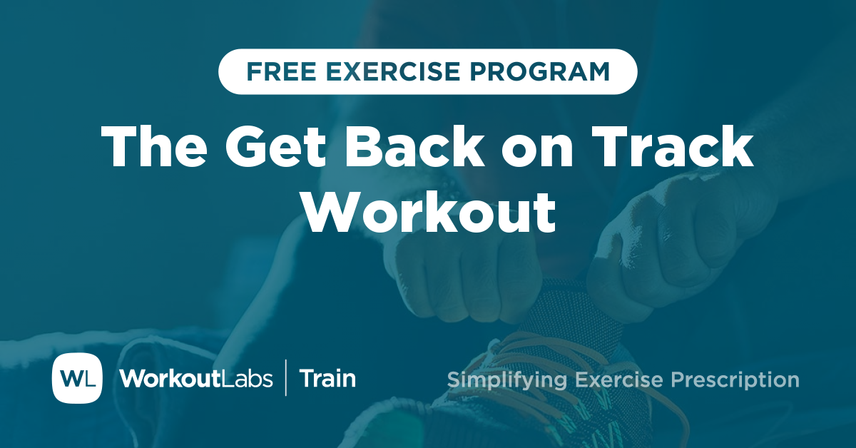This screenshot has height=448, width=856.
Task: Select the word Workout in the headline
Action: pos(428,211)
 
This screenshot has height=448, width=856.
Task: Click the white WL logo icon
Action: pos(77,378)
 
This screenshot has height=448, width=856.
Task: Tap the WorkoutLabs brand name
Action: pos(196,378)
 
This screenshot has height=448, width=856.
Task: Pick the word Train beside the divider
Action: pos(327,378)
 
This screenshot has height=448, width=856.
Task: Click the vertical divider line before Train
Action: pos(286,378)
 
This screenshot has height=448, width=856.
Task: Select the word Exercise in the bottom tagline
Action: pos(614,380)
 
